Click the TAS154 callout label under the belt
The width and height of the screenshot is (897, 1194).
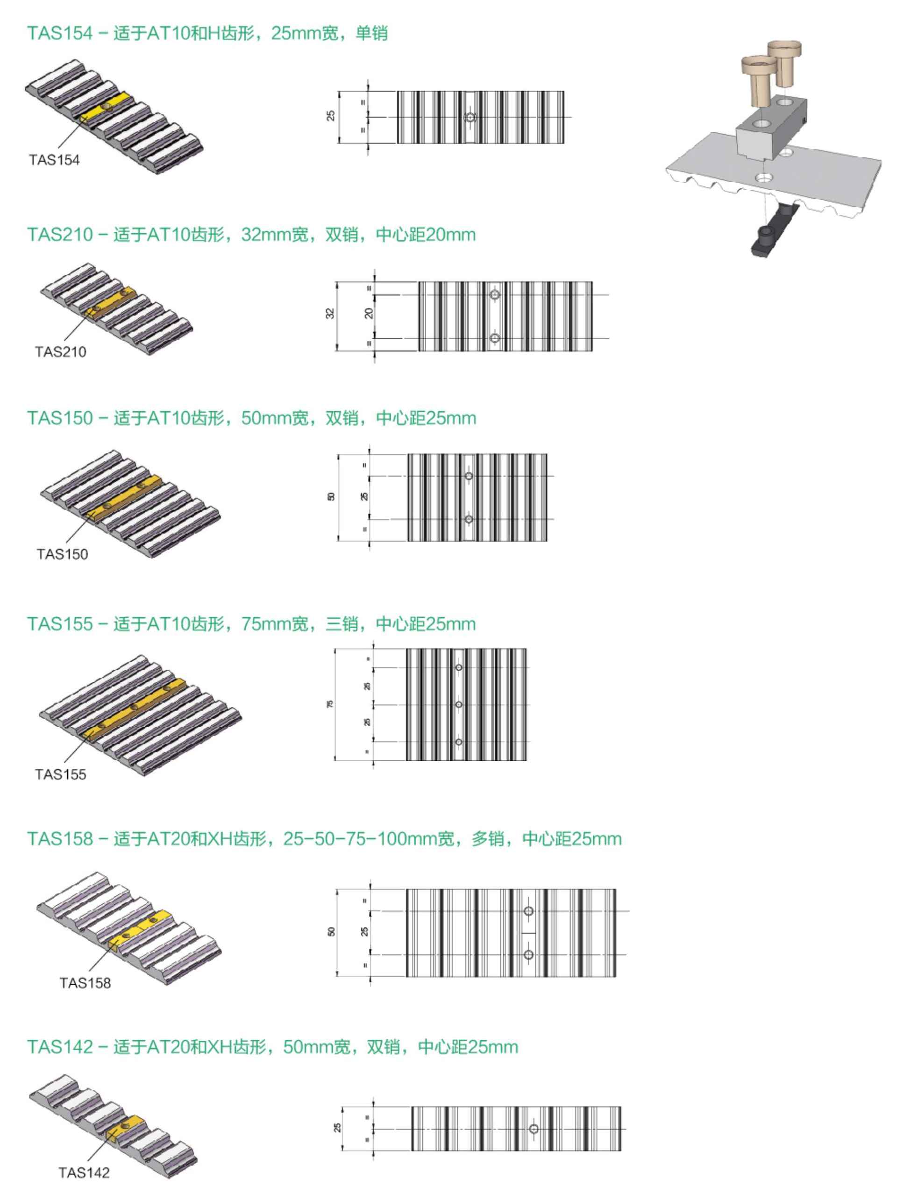[x=54, y=160]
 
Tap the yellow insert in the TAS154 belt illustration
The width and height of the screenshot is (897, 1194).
[x=107, y=107]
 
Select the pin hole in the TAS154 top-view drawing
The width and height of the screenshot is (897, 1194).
[x=470, y=117]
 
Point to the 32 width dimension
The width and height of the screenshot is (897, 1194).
[x=330, y=313]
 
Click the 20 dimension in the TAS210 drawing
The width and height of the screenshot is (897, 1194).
[x=369, y=313]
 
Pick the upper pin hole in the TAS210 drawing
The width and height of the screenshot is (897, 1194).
[x=494, y=295]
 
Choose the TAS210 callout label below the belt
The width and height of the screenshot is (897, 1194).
[x=60, y=352]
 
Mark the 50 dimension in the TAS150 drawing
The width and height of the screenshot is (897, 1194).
[x=331, y=497]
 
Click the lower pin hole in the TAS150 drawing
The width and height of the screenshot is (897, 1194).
[x=469, y=519]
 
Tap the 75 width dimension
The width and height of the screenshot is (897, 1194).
[x=330, y=704]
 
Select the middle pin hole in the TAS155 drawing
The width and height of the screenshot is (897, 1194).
[x=459, y=704]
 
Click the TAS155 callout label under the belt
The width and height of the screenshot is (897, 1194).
[x=60, y=775]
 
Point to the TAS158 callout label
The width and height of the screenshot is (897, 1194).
[x=85, y=983]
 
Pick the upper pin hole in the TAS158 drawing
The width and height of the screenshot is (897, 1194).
[x=528, y=911]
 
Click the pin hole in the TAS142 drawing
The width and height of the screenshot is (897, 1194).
[x=533, y=1129]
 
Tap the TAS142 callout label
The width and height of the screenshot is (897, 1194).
[x=84, y=1173]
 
